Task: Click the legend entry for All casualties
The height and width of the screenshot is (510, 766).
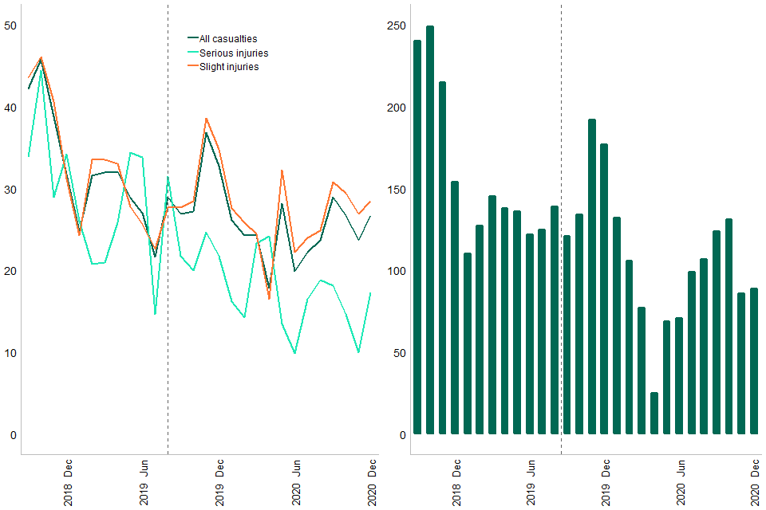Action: [x=227, y=38]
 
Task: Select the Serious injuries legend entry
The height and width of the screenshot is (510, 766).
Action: [x=233, y=53]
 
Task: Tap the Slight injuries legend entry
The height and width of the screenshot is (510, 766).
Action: [x=228, y=67]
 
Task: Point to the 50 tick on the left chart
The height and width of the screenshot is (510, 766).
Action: [x=10, y=25]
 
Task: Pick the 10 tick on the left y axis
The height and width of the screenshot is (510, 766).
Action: [x=10, y=353]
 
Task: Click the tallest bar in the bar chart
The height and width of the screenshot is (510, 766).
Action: [x=430, y=230]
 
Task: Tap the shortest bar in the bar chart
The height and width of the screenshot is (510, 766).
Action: [x=654, y=414]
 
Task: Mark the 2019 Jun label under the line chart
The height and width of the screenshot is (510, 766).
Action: [x=144, y=481]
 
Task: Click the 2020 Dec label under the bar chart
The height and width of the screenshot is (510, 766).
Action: [x=755, y=481]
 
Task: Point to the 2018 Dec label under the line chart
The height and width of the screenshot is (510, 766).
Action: [x=69, y=481]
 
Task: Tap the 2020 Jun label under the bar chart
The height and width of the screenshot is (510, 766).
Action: [x=681, y=481]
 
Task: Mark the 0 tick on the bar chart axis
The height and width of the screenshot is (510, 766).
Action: [x=403, y=435]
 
